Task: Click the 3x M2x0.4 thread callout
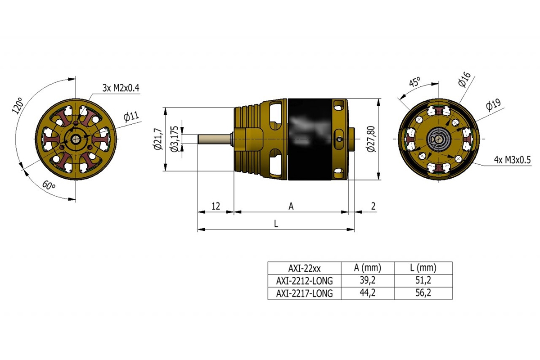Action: coord(121,88)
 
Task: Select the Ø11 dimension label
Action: coord(131,117)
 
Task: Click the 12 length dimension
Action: coord(216,206)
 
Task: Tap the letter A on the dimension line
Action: coord(291,206)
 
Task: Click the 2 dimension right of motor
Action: coord(373,206)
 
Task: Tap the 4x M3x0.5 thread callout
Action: coord(513,160)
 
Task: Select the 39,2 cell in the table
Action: coord(367,281)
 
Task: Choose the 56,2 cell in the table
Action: coord(423,293)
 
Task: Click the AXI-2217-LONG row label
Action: coord(304,293)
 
